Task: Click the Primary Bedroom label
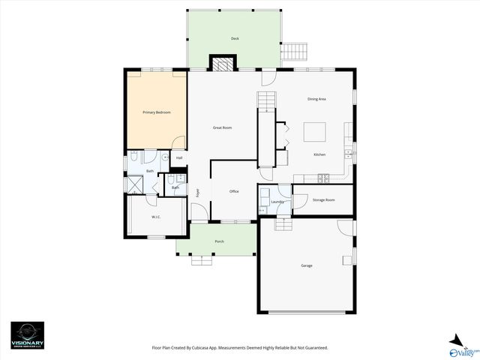coord(157,112)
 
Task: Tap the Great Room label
coord(222,127)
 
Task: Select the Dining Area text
coord(316,99)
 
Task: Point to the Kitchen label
coord(319,154)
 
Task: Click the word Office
coord(234,191)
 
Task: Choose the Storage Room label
coord(323,199)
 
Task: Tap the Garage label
coord(307,265)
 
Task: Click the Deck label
coord(235,37)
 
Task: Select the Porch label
coord(220,241)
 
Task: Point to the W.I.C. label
coord(156,217)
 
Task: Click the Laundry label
coord(276,201)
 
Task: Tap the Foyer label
coord(198,192)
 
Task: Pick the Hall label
coord(179,158)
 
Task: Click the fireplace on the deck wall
coord(222,64)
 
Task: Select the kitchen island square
coord(315,132)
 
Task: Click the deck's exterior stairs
coord(294,52)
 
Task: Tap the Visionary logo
coord(27,335)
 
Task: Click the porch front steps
coord(202,260)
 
